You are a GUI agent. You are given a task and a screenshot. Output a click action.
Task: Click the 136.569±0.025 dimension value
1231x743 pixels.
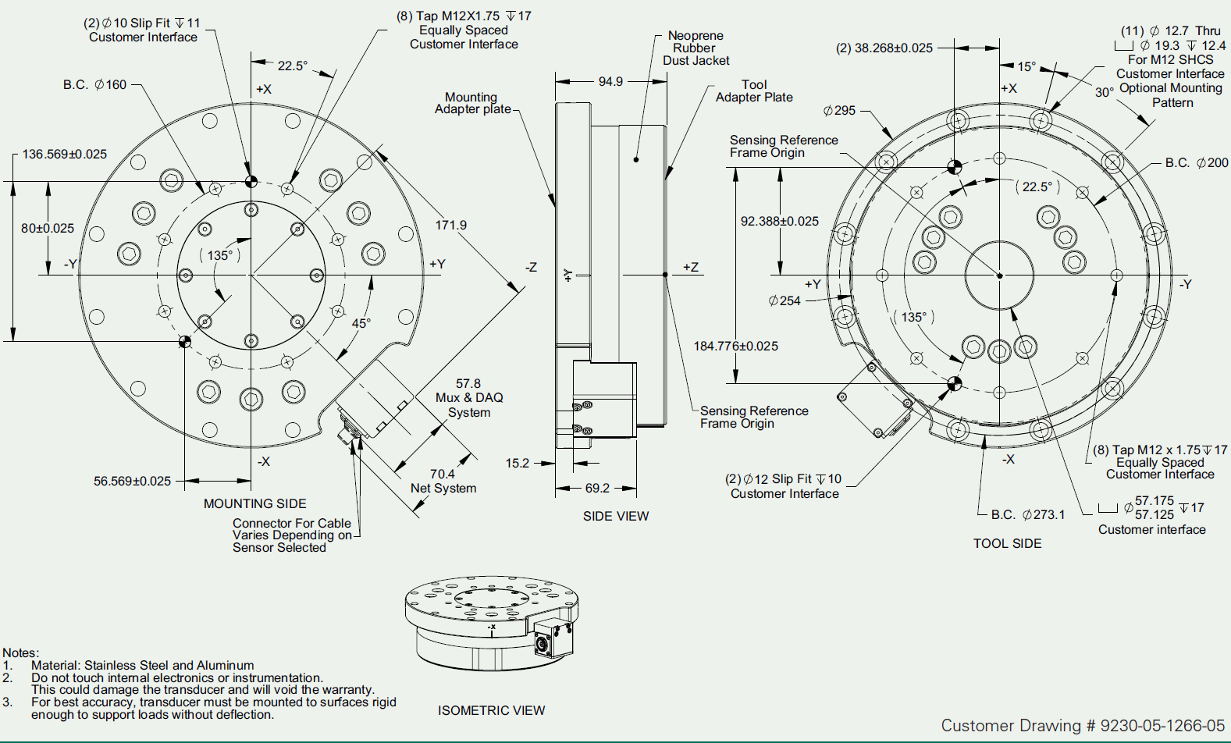65,155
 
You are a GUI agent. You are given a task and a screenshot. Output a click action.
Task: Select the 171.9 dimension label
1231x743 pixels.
450,225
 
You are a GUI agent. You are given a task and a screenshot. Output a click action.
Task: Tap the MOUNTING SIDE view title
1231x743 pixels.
255,503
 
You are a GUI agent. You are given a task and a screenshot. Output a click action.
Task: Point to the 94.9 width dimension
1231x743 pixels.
610,81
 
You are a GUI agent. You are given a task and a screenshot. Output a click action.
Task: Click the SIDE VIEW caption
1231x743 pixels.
616,516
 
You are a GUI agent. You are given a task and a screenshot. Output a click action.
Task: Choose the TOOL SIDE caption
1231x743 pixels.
1007,543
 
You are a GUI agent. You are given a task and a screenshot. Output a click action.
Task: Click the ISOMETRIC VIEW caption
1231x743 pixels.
491,710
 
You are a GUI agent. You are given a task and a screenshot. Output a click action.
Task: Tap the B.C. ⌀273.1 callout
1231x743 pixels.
1028,515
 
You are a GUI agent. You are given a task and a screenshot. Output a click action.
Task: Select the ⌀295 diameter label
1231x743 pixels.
839,111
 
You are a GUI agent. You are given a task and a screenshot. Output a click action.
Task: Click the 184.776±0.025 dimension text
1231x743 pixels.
736,347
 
